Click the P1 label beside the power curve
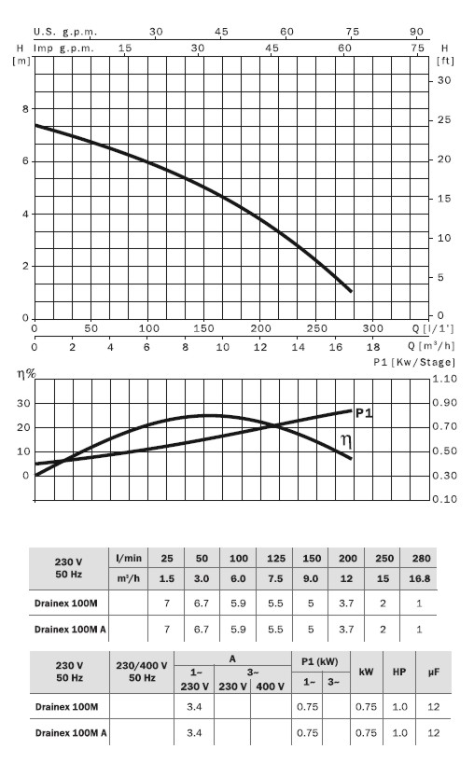click(364, 413)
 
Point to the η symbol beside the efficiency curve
click(346, 441)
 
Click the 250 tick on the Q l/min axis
click(317, 328)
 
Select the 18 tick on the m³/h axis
click(373, 347)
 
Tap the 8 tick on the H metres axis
click(25, 109)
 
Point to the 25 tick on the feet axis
click(444, 119)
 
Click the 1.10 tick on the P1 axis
click(445, 379)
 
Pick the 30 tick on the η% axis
click(23, 403)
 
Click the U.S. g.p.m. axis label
click(65, 32)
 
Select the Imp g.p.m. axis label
click(63, 49)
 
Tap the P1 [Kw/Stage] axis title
click(414, 362)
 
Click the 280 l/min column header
click(422, 558)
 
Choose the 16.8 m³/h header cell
click(420, 578)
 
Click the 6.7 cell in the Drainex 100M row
click(202, 603)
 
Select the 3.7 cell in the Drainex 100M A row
click(346, 630)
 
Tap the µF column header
click(434, 672)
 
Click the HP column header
click(399, 672)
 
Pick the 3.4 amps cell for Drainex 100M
click(194, 706)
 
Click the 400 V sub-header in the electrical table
click(270, 687)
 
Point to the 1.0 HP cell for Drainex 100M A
click(399, 733)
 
